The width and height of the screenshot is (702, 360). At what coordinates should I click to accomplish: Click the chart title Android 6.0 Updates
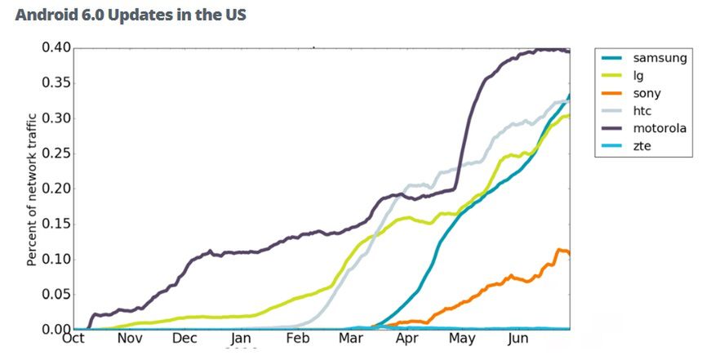(x=131, y=16)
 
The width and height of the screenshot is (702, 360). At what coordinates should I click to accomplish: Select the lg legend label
(x=638, y=76)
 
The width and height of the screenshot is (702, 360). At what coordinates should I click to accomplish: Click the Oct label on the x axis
(x=73, y=339)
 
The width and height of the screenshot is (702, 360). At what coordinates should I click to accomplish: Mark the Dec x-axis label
(x=184, y=339)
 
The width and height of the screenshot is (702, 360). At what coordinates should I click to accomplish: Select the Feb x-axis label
(x=296, y=339)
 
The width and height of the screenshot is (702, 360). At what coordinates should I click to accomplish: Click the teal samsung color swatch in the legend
(x=611, y=58)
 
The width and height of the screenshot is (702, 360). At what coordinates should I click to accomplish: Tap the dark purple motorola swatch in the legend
(x=611, y=129)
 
